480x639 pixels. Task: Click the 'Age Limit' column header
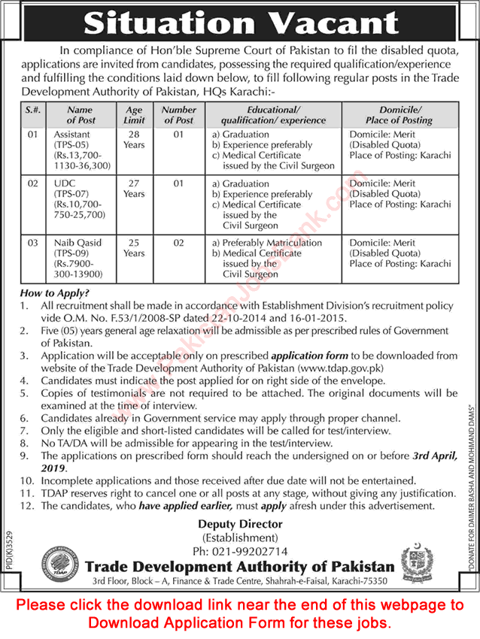coord(134,115)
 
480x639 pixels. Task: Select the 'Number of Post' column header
coord(179,115)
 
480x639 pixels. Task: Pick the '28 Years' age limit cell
coord(134,139)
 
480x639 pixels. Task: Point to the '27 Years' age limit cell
coord(134,188)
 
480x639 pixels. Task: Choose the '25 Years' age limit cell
coord(134,248)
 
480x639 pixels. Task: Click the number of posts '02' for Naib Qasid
coord(179,243)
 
